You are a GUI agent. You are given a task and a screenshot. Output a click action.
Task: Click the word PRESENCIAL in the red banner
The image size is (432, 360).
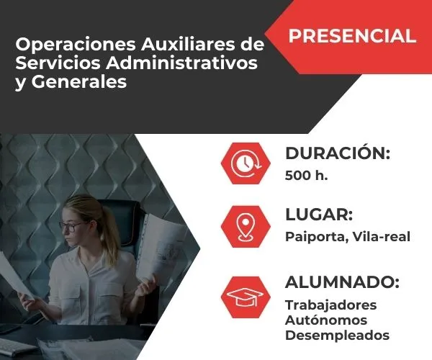click(353, 35)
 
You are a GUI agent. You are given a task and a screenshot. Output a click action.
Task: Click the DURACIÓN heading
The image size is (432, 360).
click(338, 153)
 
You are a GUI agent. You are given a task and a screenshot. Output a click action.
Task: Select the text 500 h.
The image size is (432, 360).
click(306, 175)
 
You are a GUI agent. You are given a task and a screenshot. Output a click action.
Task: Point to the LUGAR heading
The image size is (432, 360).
click(318, 215)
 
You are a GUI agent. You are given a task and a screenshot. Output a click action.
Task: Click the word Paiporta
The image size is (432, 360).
click(312, 237)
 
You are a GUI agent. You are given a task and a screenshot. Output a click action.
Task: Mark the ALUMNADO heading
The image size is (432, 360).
click(342, 282)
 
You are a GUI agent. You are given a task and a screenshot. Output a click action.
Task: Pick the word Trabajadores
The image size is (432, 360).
click(330, 305)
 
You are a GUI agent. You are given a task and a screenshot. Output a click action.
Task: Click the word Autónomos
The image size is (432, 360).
click(326, 320)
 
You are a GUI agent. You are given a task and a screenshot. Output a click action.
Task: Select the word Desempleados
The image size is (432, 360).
click(337, 336)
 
